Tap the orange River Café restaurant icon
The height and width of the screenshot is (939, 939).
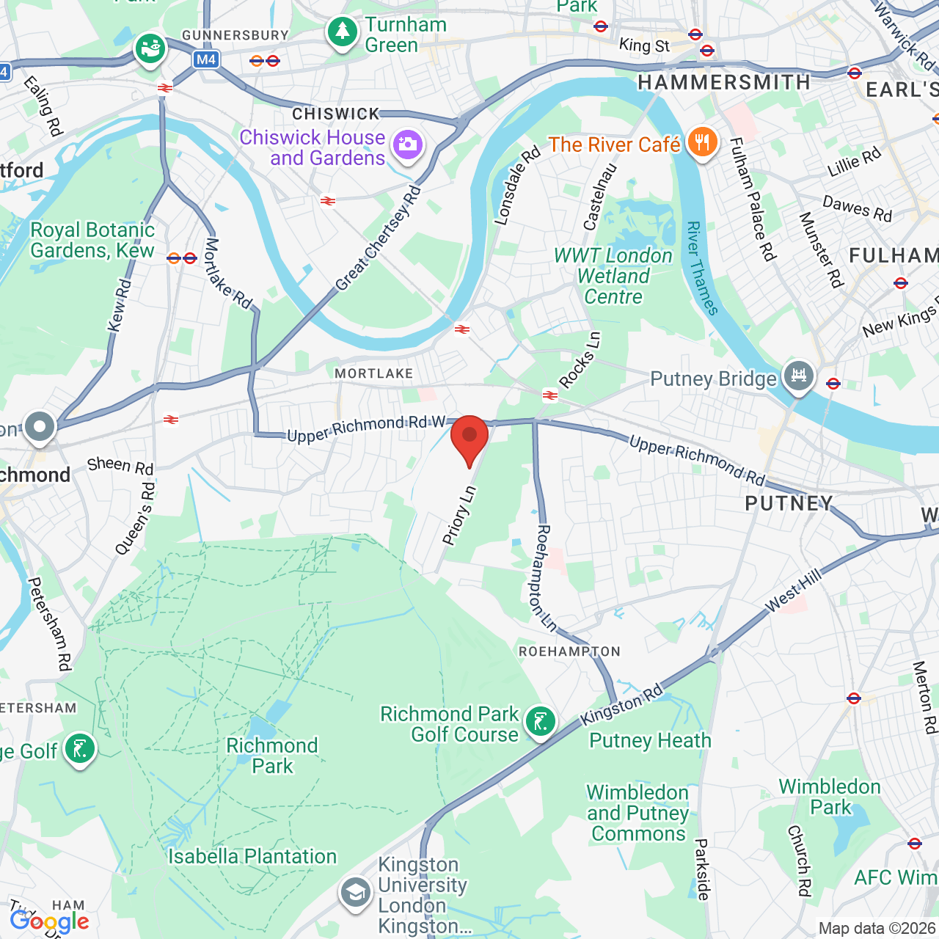click(x=703, y=143)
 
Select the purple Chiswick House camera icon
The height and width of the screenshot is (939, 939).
click(x=407, y=145)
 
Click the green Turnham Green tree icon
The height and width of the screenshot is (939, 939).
click(x=342, y=32)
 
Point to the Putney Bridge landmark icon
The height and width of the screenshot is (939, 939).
click(x=798, y=376)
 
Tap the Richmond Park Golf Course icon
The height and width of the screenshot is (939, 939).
click(x=541, y=723)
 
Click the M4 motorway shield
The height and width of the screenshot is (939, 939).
click(x=206, y=59)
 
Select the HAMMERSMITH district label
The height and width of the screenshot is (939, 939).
click(x=723, y=82)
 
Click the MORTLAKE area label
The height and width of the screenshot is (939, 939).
click(x=374, y=373)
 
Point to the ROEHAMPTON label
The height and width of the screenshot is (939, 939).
click(x=569, y=651)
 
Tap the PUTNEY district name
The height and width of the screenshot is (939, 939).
click(x=789, y=503)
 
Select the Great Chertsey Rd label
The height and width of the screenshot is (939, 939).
click(x=379, y=239)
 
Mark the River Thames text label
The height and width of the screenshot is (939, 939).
click(x=702, y=268)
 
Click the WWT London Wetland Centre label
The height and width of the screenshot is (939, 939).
click(x=613, y=277)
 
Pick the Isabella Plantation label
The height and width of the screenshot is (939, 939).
click(x=252, y=856)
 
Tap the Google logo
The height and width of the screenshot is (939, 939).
click(x=50, y=921)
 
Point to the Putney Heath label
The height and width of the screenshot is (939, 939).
click(x=650, y=741)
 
